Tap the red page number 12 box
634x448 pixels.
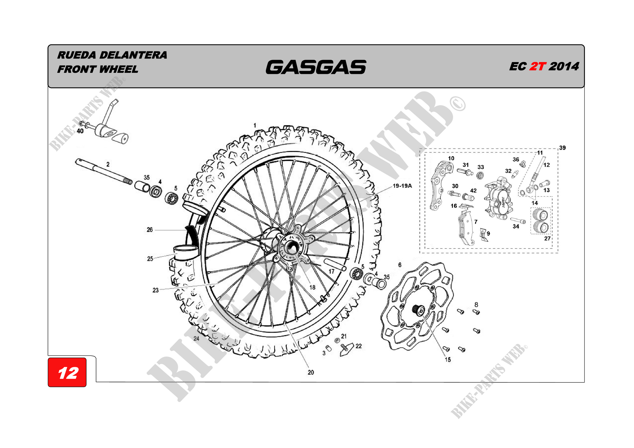pyautogui.click(x=67, y=373)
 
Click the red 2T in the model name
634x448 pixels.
pyautogui.click(x=537, y=66)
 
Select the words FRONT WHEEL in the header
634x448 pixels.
pyautogui.click(x=97, y=69)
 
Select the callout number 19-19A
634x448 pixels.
pyautogui.click(x=402, y=186)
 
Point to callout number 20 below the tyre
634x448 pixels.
pyautogui.click(x=311, y=372)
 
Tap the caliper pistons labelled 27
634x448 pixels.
pyautogui.click(x=541, y=221)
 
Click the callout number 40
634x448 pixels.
pyautogui.click(x=80, y=131)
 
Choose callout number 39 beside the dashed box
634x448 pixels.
pyautogui.click(x=562, y=148)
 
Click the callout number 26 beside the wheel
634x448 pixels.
pyautogui.click(x=150, y=230)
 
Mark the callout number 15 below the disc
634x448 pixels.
pyautogui.click(x=448, y=360)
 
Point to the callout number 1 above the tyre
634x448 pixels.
pyautogui.click(x=255, y=125)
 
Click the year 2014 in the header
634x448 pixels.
pyautogui.click(x=563, y=66)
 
